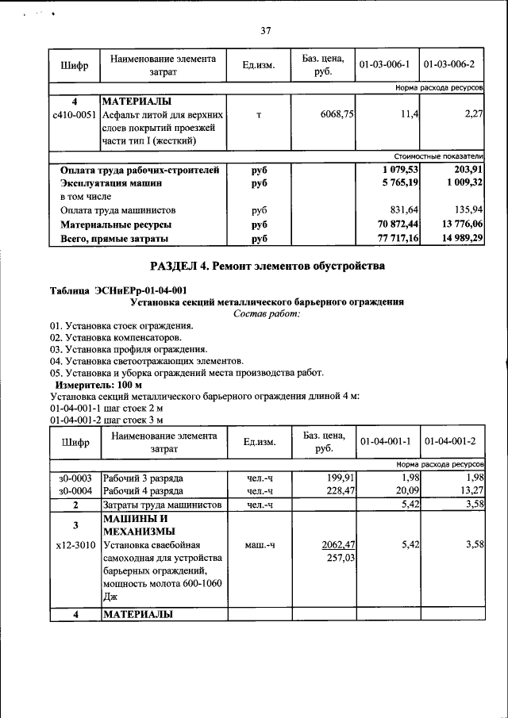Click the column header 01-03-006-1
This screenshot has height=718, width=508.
pyautogui.click(x=383, y=64)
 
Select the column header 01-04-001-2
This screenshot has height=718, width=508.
pyautogui.click(x=450, y=441)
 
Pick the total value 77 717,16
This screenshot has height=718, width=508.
pyautogui.click(x=392, y=239)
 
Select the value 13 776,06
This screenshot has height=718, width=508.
pyautogui.click(x=457, y=225)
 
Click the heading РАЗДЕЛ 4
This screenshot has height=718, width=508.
pyautogui.click(x=267, y=265)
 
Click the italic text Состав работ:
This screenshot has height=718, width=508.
pyautogui.click(x=267, y=314)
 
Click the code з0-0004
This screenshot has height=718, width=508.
pyautogui.click(x=75, y=491)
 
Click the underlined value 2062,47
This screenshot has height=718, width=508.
pyautogui.click(x=337, y=545)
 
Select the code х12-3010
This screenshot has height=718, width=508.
pyautogui.click(x=75, y=545)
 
